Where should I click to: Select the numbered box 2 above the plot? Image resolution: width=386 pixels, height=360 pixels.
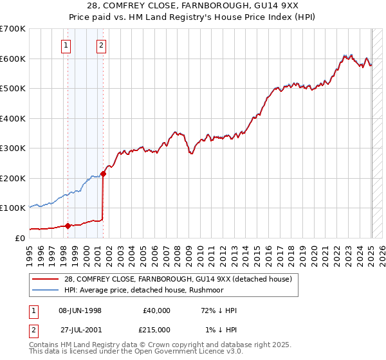pos(102,45)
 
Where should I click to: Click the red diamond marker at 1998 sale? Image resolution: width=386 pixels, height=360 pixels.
pos(68,226)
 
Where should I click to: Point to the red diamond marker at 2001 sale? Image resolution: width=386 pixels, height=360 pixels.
pos(103,174)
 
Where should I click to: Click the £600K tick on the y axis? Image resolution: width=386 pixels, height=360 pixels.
pos(13,59)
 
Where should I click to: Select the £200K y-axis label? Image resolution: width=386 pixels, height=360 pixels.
pos(13,178)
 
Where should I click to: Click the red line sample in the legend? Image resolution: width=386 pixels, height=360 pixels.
pos(46,279)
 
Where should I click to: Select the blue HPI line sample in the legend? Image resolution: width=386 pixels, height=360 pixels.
pos(46,289)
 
